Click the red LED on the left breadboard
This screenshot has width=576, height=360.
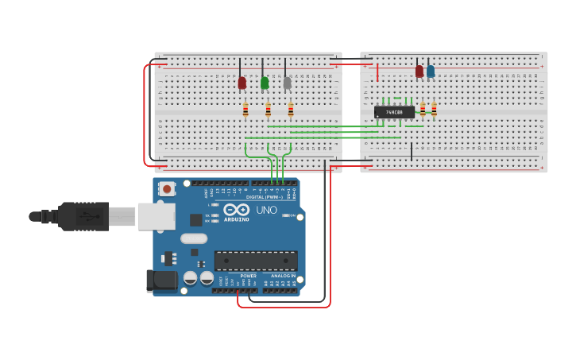coord(242,83)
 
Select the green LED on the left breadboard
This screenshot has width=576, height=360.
coord(265,83)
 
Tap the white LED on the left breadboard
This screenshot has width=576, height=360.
coord(287,83)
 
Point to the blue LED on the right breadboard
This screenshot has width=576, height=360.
coord(431,72)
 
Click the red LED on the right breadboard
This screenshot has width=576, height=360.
coord(419,72)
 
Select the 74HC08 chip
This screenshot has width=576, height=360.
coord(394,112)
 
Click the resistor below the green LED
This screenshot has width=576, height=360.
coord(269,110)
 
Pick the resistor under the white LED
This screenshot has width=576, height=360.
coord(291,110)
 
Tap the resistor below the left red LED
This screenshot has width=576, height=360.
coord(245,110)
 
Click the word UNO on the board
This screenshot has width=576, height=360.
coord(266,210)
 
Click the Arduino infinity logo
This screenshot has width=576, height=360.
coord(236,210)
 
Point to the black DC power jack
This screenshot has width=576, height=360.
coord(161,281)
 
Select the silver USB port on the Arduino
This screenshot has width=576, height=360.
coord(157,216)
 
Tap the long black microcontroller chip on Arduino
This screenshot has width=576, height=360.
coord(256,261)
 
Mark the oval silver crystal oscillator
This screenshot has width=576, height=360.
coord(194,238)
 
